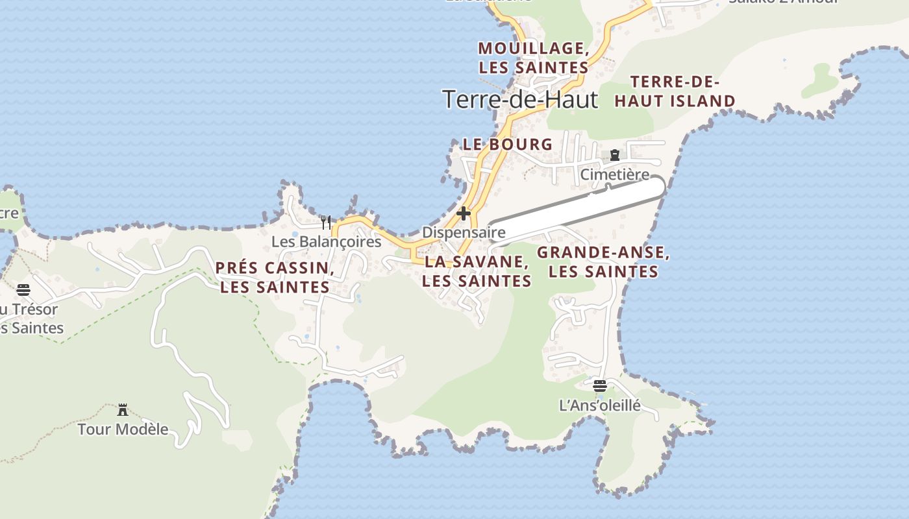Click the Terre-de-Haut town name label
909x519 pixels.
coord(519,99)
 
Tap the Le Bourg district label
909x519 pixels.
coord(507,145)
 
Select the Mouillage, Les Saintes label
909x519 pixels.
coord(534,58)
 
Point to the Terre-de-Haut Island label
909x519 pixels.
coord(675,91)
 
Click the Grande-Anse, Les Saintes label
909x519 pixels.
coord(603,262)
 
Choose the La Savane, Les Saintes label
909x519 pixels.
coord(477,271)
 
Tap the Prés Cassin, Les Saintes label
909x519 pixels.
coord(275,278)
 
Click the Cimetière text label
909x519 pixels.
coord(614,175)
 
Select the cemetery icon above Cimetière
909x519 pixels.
coord(614,155)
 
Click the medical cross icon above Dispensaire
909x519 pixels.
coord(464,213)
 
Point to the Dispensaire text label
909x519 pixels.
coord(464,232)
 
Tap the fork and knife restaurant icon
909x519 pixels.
coord(326,223)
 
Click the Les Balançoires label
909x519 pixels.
coord(326,242)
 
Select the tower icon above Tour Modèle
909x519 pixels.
coord(123,409)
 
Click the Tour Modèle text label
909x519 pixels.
coord(123,429)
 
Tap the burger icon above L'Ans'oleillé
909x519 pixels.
coord(600,386)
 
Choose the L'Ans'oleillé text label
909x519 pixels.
coord(600,406)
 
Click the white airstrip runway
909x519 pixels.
coord(578,209)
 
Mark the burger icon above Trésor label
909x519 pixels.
coord(23,289)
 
